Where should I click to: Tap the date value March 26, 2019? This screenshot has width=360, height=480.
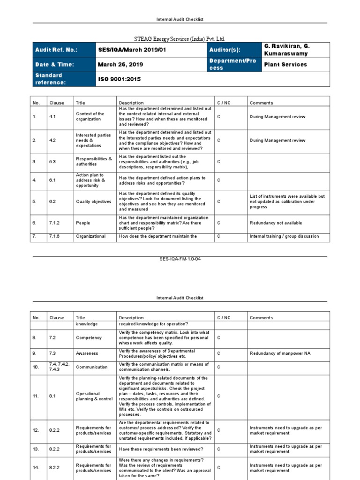(x=120, y=65)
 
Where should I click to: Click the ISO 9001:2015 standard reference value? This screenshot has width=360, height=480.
(x=119, y=79)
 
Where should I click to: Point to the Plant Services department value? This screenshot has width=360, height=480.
(x=285, y=65)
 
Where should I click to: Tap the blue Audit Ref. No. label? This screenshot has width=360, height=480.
(x=56, y=50)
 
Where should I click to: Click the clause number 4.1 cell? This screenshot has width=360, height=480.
(x=52, y=116)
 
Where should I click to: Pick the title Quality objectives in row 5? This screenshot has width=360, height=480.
(x=94, y=202)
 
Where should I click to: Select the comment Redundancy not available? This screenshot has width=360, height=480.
(x=276, y=223)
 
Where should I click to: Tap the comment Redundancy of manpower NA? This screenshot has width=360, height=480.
(x=281, y=353)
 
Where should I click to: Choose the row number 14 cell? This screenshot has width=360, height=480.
(x=36, y=467)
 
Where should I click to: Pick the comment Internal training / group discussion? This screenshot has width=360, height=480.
(x=285, y=236)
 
